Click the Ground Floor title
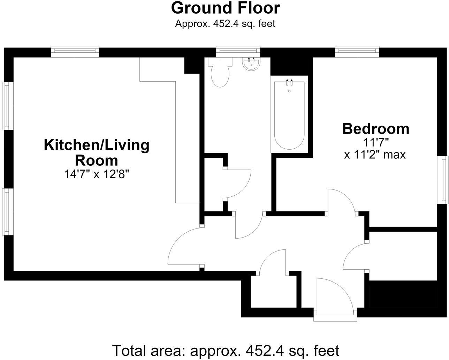pyautogui.click(x=225, y=8)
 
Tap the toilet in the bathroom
pyautogui.click(x=220, y=72)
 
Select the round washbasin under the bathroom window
pyautogui.click(x=251, y=64)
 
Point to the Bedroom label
pyautogui.click(x=376, y=129)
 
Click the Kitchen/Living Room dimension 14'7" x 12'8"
pyautogui.click(x=97, y=174)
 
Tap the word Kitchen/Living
pyautogui.click(x=97, y=145)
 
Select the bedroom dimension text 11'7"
pyautogui.click(x=376, y=143)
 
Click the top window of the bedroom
pyautogui.click(x=357, y=51)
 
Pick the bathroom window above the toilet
pyautogui.click(x=238, y=51)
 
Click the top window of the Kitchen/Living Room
pyautogui.click(x=75, y=51)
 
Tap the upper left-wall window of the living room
pyautogui.click(x=8, y=106)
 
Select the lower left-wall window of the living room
pyautogui.click(x=8, y=212)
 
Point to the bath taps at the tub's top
pyautogui.click(x=289, y=82)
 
